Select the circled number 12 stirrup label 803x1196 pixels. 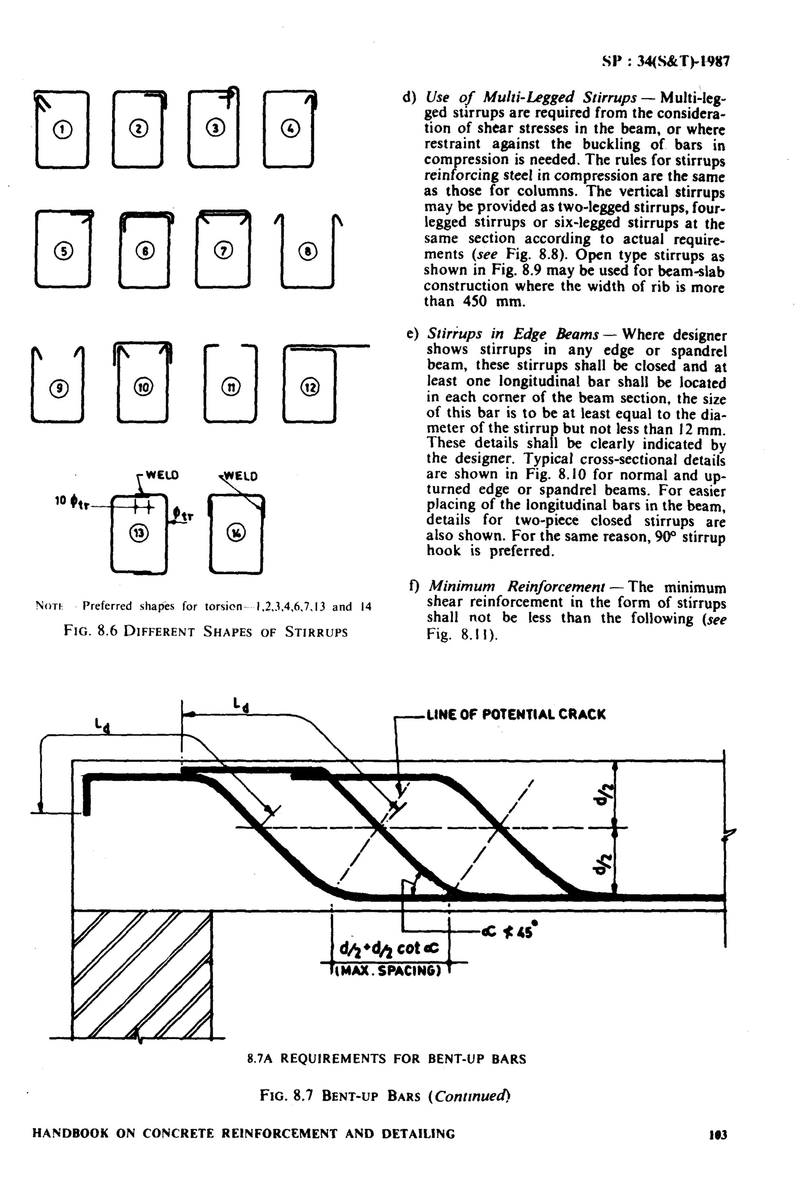click(310, 387)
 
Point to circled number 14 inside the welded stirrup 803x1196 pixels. click(236, 533)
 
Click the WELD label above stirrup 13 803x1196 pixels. click(162, 475)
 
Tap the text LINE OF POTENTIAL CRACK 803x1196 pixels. click(516, 714)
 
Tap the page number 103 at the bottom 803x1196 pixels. click(718, 1134)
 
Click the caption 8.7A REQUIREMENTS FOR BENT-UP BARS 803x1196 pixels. click(387, 1058)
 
